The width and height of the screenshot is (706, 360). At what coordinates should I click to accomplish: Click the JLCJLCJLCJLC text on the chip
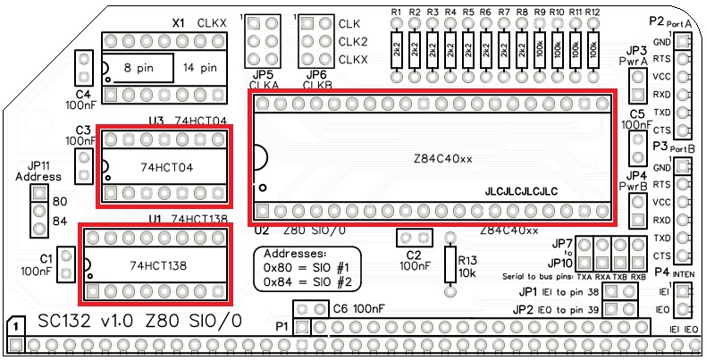[x=521, y=191]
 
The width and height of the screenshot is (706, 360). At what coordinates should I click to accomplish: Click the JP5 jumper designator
[x=263, y=74]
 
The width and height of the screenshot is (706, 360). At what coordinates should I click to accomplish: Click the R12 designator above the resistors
[x=593, y=12]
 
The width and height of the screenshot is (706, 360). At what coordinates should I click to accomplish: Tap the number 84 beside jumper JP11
[x=61, y=221]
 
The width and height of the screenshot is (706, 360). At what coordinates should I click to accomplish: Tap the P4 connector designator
[x=661, y=272]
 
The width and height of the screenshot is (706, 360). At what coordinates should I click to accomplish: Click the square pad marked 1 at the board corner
[x=15, y=328]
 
